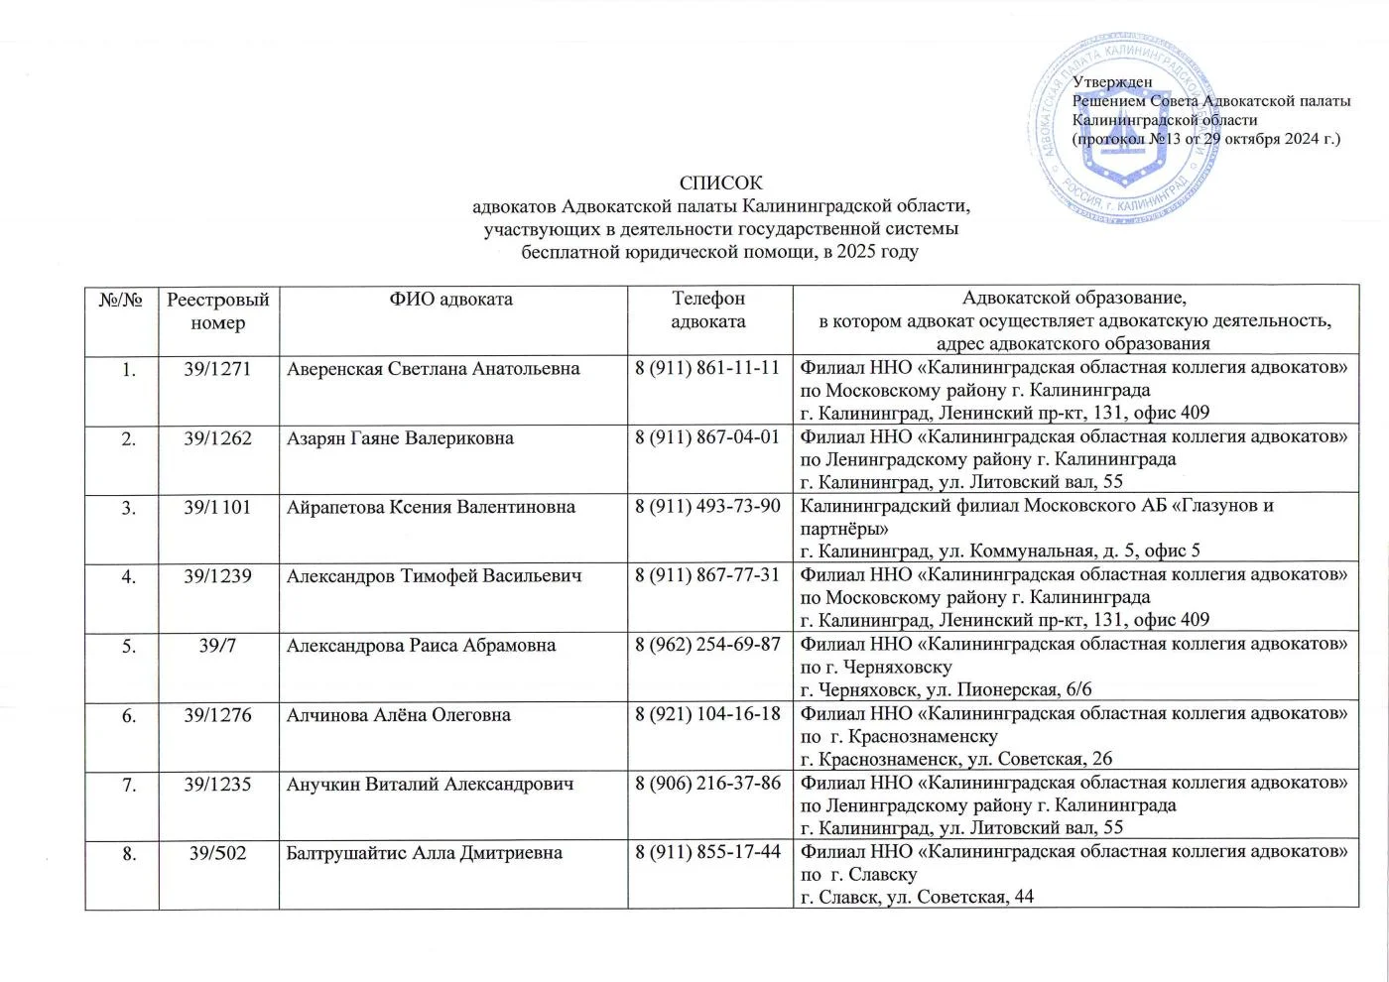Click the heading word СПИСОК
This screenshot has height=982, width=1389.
pyautogui.click(x=721, y=184)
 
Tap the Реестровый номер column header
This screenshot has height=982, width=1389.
pyautogui.click(x=217, y=310)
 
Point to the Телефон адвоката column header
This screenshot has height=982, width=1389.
pyautogui.click(x=708, y=309)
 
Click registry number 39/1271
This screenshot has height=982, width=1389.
pyautogui.click(x=217, y=369)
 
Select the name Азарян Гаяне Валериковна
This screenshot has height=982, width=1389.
pyautogui.click(x=400, y=437)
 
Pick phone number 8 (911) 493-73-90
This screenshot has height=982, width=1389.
pyautogui.click(x=707, y=507)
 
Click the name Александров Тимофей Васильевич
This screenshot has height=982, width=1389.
pyautogui.click(x=434, y=576)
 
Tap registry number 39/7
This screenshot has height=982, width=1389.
pyautogui.click(x=217, y=646)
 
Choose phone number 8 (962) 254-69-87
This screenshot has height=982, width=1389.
pyautogui.click(x=707, y=646)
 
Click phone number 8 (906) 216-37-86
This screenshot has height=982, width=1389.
pyautogui.click(x=707, y=784)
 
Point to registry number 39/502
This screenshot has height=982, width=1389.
pyautogui.click(x=217, y=853)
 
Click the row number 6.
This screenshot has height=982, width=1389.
pyautogui.click(x=129, y=714)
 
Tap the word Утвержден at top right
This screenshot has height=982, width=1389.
pyautogui.click(x=1112, y=82)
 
